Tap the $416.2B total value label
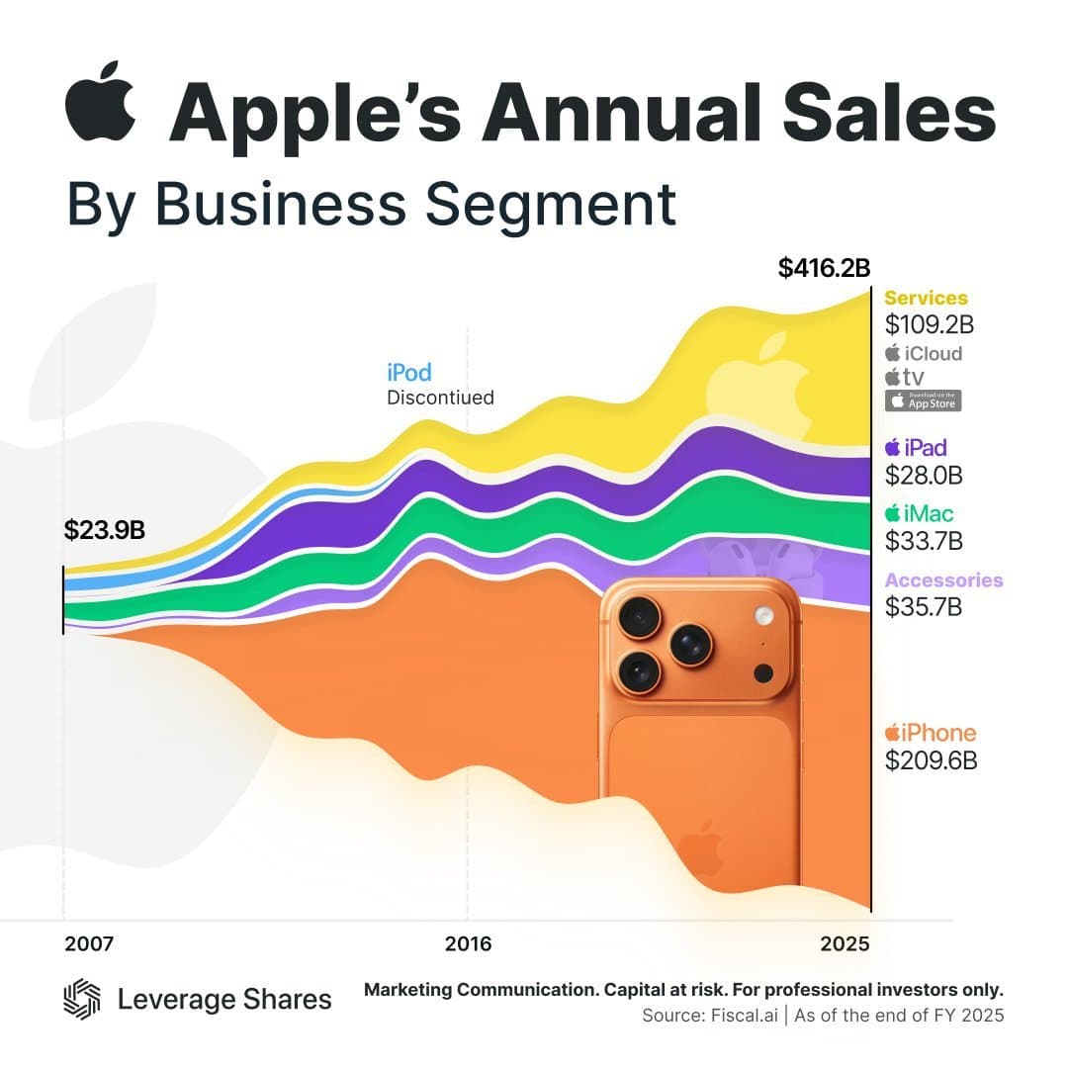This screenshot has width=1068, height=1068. point(824,268)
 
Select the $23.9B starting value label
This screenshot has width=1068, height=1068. point(105,530)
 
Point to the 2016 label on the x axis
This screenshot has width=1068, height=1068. point(468,943)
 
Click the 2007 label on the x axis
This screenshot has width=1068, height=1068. point(89,943)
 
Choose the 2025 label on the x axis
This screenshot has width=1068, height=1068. point(845,943)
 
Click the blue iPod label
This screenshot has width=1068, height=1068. point(408,373)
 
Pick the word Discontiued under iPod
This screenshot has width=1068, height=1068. point(439,398)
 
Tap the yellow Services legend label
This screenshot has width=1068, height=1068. point(926,298)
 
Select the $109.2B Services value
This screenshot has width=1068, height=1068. point(930,324)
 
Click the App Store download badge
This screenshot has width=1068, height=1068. point(922,400)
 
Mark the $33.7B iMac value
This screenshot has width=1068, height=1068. point(924,541)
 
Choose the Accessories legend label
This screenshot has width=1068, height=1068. point(943,580)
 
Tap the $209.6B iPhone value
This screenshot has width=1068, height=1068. point(931,760)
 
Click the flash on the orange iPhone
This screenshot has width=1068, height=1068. point(762,616)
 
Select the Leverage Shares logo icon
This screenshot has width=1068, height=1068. point(82,999)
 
